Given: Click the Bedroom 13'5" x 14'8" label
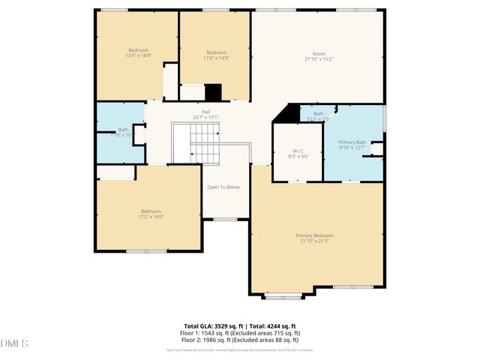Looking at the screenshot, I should (138, 52).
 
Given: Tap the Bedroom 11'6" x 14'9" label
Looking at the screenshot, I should (216, 55).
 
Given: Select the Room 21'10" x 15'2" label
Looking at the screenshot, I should (319, 55).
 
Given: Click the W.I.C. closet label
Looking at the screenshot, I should (298, 153).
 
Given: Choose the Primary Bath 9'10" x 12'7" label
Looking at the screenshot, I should (352, 145).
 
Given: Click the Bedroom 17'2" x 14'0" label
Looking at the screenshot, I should (150, 214).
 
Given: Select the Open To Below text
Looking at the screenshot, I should (223, 187).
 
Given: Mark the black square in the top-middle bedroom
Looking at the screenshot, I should (214, 91).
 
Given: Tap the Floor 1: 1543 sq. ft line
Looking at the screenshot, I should (241, 332).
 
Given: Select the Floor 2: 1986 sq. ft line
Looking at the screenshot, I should (241, 339).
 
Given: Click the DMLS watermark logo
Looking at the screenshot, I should (14, 343).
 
